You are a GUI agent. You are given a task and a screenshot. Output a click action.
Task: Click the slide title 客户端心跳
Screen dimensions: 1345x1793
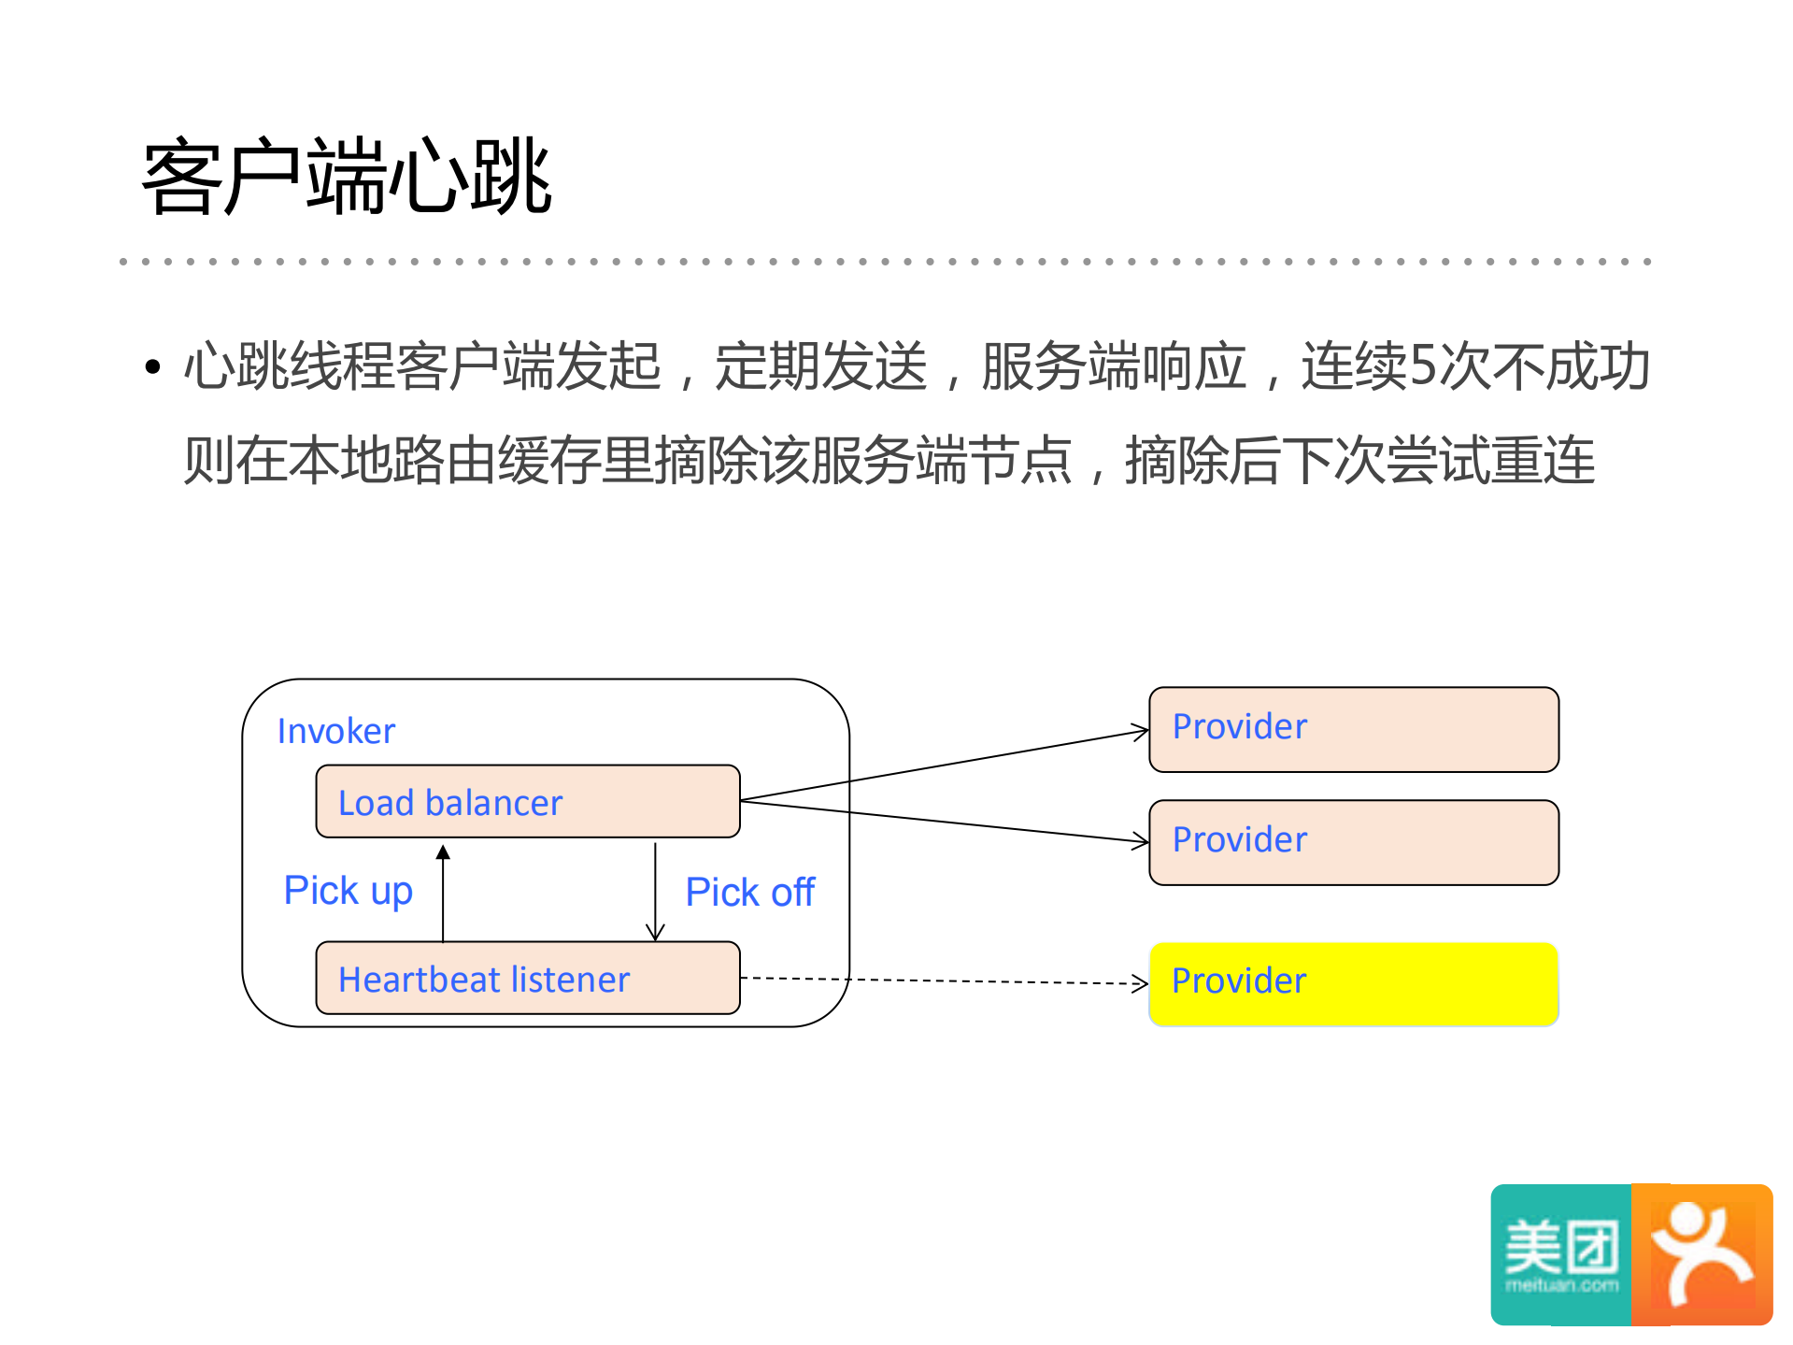point(347,177)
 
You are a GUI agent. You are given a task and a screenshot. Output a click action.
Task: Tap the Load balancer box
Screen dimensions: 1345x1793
point(528,802)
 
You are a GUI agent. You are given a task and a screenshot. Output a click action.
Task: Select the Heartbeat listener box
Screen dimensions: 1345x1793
point(528,979)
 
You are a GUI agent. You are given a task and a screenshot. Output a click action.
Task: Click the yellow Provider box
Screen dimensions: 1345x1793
point(1354,984)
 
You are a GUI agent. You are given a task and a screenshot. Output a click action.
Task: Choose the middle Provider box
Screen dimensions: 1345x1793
point(1354,842)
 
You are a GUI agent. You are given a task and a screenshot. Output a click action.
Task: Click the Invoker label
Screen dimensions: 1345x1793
point(336,731)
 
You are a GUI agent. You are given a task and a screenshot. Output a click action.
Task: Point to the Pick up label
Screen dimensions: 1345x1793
point(348,891)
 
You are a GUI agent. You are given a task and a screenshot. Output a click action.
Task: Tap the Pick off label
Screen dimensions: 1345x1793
point(750,893)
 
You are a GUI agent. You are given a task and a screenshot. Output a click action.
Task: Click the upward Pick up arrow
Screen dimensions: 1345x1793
point(443,893)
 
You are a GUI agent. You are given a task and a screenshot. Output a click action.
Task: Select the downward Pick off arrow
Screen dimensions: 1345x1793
point(655,893)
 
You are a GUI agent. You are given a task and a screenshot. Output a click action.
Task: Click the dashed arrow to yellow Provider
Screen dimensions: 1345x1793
point(944,981)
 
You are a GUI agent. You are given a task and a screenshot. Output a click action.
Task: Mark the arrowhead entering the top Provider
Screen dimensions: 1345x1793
point(1141,731)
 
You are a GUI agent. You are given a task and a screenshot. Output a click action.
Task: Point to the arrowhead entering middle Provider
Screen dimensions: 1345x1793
point(1141,841)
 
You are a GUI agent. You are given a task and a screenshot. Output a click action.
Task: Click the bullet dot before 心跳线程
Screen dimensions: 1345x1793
point(153,366)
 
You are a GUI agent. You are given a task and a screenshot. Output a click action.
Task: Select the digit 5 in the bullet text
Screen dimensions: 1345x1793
point(1422,365)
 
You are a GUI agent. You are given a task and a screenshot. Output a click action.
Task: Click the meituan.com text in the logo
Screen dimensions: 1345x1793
point(1561,1286)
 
